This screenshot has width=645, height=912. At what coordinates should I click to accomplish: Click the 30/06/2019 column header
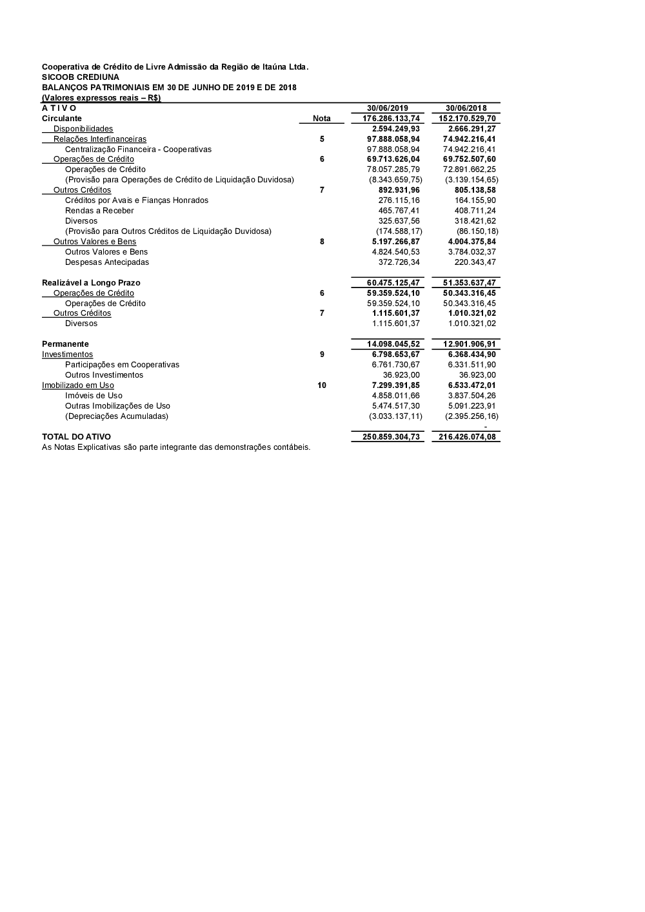click(x=388, y=108)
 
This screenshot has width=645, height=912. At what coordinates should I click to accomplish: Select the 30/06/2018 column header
click(x=466, y=108)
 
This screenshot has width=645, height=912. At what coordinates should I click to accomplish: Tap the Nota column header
click(x=321, y=119)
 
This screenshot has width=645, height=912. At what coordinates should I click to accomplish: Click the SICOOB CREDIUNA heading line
click(x=81, y=77)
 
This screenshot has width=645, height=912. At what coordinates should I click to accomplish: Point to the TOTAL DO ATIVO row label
click(x=76, y=437)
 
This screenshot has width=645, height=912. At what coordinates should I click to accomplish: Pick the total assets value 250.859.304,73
click(x=391, y=437)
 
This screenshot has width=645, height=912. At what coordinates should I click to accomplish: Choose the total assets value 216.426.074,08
click(x=468, y=437)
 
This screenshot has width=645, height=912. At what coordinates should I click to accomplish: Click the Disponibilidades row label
click(x=83, y=129)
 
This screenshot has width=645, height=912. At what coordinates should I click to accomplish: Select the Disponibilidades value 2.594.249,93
click(x=396, y=129)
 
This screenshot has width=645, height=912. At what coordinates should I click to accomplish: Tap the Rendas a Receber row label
click(x=99, y=211)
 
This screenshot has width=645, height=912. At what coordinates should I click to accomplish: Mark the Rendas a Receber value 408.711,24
click(x=475, y=211)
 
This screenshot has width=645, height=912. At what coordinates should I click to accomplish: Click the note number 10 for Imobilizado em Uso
click(x=322, y=385)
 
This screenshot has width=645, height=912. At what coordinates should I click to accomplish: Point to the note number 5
click(x=322, y=139)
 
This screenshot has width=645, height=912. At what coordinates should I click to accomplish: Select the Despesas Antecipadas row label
click(x=107, y=262)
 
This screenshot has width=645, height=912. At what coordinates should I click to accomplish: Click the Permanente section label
click(x=65, y=344)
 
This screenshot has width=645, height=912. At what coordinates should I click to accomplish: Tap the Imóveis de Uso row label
click(x=94, y=396)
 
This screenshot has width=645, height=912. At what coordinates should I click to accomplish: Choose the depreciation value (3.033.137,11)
click(x=396, y=416)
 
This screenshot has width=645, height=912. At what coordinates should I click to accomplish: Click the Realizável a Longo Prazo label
click(x=91, y=283)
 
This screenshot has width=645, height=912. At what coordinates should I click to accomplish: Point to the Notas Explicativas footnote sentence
click(x=176, y=447)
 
